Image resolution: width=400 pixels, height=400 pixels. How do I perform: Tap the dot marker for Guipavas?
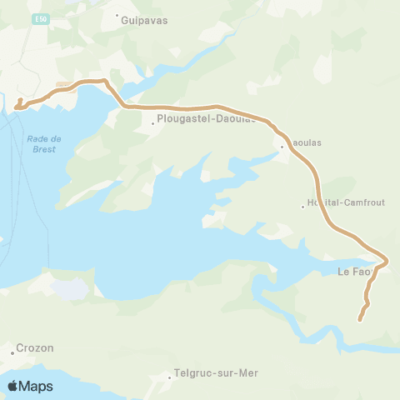(x=117, y=15)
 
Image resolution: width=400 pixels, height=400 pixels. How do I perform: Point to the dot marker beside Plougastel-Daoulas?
(x=153, y=125)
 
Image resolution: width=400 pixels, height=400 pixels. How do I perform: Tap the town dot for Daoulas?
(x=282, y=147)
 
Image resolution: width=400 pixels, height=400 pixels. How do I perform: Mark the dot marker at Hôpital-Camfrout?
(x=303, y=207)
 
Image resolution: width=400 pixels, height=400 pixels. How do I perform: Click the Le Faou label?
(x=353, y=272)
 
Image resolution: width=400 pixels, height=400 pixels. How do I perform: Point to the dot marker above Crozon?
(x=12, y=353)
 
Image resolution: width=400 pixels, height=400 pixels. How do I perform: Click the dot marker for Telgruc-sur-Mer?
(x=170, y=377)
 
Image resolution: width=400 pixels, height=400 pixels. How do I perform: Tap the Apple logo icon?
(x=12, y=386)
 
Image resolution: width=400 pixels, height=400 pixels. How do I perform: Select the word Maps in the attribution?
(x=37, y=386)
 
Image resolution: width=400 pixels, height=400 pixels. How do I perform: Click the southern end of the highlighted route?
(x=360, y=319)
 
